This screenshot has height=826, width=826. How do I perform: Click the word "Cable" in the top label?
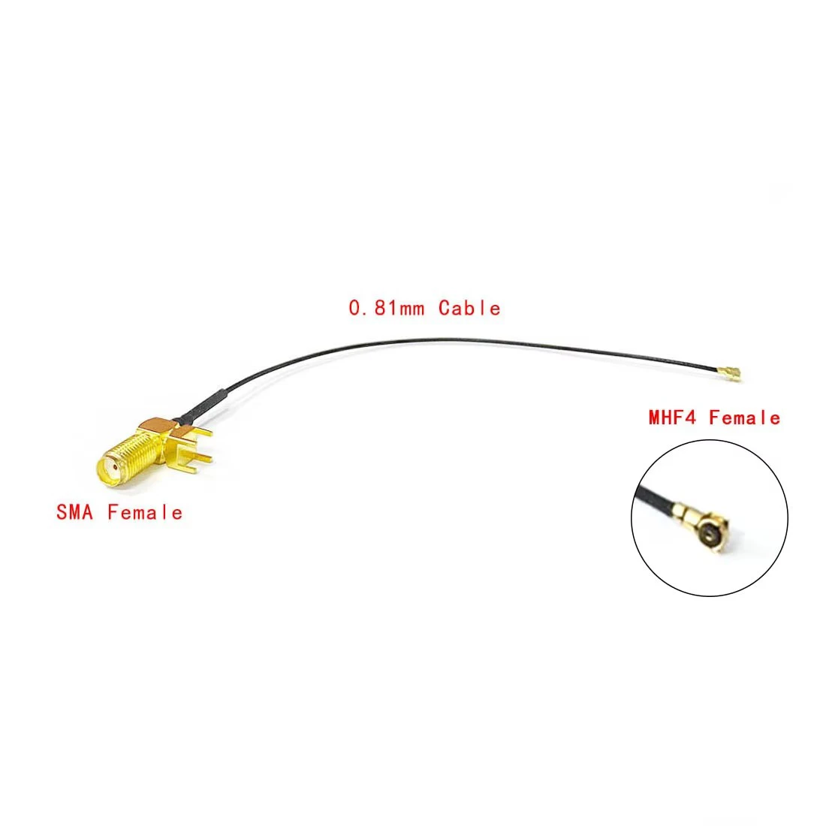(x=469, y=308)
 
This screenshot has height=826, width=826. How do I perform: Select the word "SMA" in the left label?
(x=75, y=513)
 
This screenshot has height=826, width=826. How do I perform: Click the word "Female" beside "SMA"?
(x=145, y=513)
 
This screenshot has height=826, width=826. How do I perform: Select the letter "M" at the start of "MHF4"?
(x=656, y=418)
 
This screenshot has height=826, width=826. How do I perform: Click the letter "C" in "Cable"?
(x=445, y=308)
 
